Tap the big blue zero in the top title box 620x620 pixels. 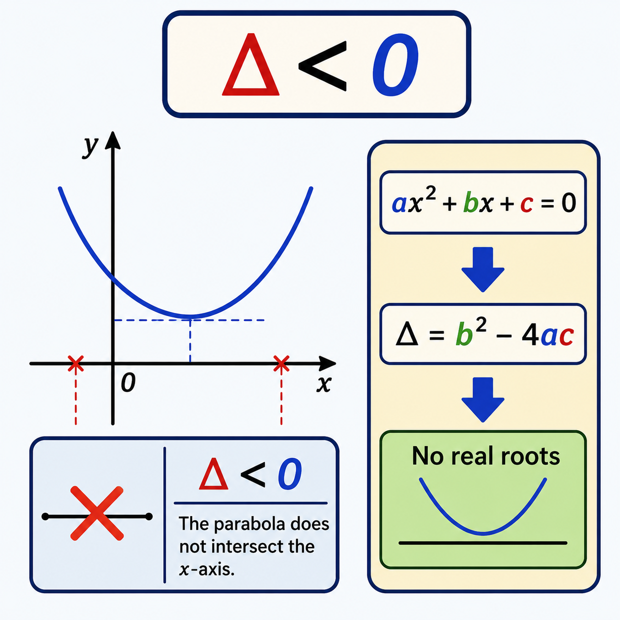click(395, 65)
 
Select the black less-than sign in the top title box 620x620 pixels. click(323, 66)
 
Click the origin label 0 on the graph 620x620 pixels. click(128, 382)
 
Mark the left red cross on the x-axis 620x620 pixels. click(76, 363)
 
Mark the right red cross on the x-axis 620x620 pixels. click(281, 363)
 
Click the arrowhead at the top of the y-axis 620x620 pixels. click(113, 140)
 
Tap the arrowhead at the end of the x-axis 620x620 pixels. click(327, 363)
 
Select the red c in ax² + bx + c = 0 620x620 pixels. click(527, 205)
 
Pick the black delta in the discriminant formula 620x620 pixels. click(407, 335)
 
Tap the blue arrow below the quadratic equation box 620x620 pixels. click(483, 269)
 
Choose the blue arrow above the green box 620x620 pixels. click(483, 399)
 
